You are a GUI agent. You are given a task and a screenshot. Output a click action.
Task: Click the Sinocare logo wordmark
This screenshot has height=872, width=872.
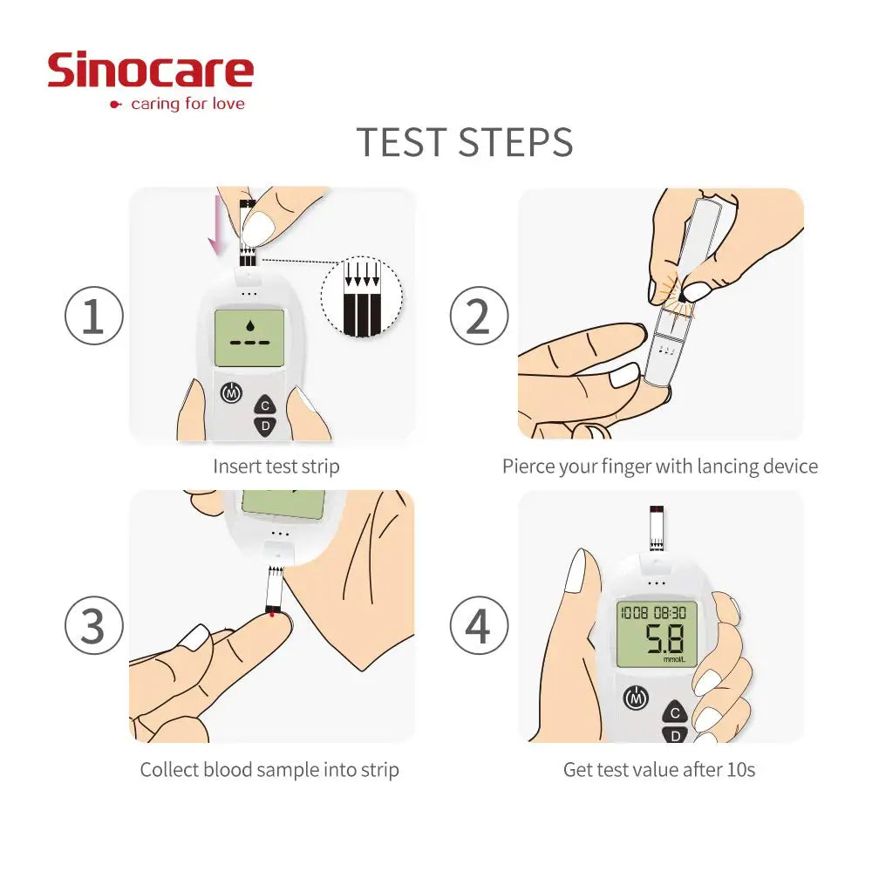(150, 72)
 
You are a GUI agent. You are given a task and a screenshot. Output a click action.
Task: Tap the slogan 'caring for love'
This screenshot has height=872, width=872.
(187, 105)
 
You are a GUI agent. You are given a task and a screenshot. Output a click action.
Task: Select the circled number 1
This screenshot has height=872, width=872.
(93, 316)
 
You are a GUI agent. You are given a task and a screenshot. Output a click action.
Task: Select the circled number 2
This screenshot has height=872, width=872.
(478, 316)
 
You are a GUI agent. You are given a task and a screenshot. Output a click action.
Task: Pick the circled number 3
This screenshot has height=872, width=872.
(93, 626)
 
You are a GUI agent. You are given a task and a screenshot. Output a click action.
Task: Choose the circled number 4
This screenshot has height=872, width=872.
(478, 626)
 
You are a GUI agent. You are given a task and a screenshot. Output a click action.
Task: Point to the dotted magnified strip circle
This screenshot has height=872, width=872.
(362, 296)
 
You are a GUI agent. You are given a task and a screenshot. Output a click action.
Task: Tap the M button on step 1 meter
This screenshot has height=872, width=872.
(231, 394)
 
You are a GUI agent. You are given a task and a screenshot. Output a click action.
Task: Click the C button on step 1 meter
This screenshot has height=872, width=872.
(265, 406)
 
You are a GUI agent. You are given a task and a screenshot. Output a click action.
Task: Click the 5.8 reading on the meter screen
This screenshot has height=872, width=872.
(664, 641)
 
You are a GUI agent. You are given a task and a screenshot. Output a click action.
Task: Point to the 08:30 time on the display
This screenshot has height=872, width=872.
(670, 613)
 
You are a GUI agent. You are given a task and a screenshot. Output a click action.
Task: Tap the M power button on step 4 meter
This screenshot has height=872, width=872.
(636, 698)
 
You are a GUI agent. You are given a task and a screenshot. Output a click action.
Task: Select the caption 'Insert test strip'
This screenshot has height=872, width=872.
(276, 467)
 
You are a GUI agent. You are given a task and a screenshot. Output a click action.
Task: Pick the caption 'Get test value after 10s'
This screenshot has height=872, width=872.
(659, 770)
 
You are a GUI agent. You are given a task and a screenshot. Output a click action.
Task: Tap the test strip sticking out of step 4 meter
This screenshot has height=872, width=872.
(657, 528)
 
